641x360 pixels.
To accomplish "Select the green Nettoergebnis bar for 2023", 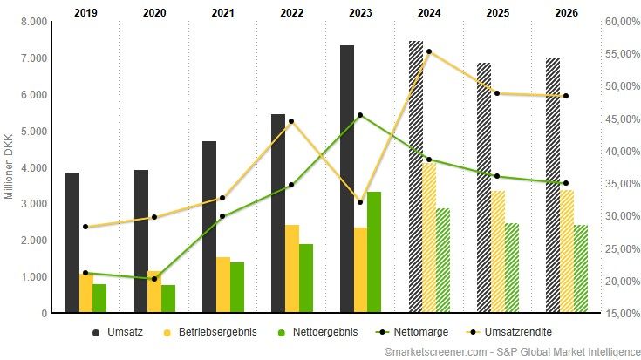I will [374, 252].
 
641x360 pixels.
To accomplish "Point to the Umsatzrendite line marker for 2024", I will [429, 52].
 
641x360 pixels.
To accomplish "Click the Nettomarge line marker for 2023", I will [360, 115].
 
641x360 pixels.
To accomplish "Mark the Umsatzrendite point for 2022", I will [291, 121].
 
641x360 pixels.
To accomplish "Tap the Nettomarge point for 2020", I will [154, 279].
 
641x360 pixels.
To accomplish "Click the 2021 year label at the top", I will [223, 13].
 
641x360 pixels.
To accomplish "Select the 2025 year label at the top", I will [497, 13].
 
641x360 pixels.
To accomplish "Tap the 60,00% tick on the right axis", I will [621, 22].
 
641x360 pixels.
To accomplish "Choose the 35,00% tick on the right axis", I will [621, 184].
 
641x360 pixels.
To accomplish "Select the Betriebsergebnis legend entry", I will [209, 332].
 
